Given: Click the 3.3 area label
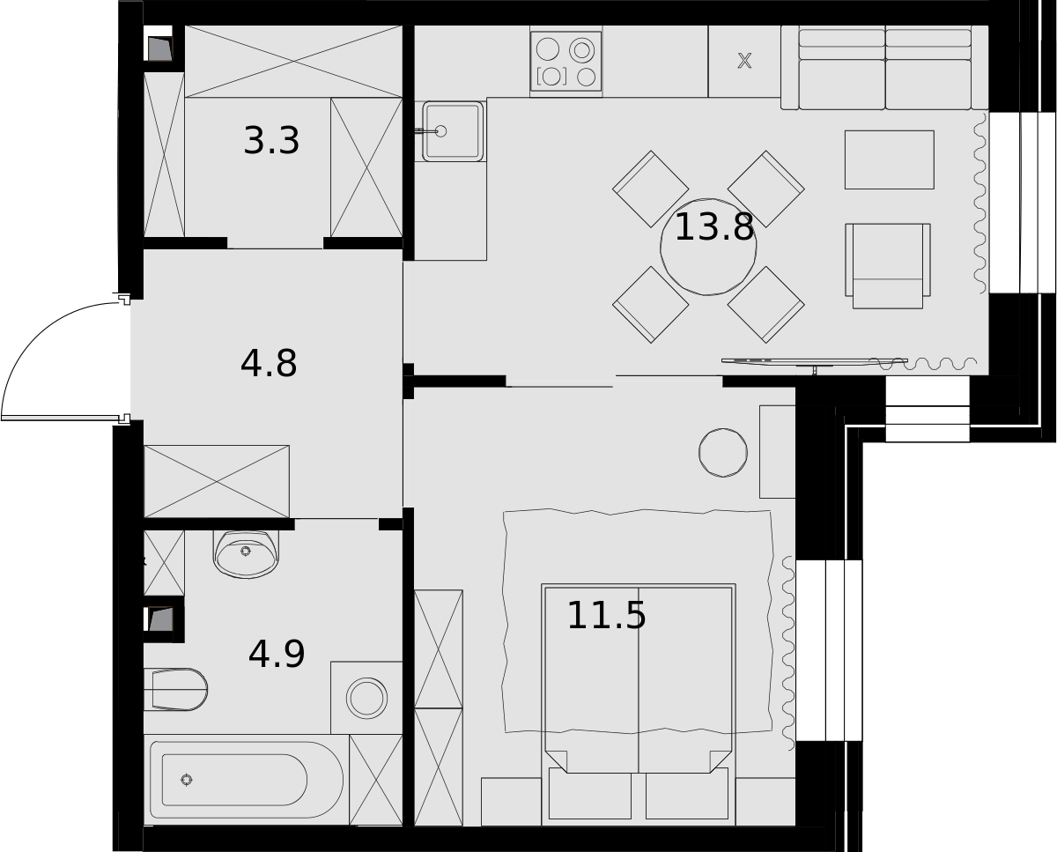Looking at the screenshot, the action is coord(271,141).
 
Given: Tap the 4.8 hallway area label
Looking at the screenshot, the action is coord(269,364).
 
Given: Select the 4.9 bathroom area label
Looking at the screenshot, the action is coord(277,654).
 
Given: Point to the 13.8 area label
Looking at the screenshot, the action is coord(714,227).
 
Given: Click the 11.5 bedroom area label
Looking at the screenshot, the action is coord(607,616).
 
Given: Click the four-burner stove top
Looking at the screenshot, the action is coord(566,62).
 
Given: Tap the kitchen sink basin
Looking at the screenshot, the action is coord(453,131).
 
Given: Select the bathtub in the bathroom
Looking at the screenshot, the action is coord(247,780).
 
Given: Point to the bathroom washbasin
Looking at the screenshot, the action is coord(246,553).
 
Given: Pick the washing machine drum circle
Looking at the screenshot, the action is coord(366,698).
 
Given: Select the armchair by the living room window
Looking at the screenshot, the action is coord(888,266).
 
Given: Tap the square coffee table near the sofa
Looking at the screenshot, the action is coord(890,159).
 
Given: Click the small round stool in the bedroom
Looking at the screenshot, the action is coord(723,453).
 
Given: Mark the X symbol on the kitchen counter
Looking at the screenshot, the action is coord(744,61).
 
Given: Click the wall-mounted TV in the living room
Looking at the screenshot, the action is coord(815,362).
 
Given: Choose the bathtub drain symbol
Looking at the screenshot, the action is coord(186,780).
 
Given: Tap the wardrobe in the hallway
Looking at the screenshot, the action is coord(217,482).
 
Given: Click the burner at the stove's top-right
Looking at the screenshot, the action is coord(582,49).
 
